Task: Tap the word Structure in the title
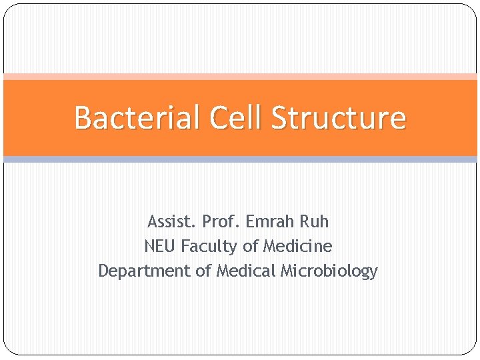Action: point(339,118)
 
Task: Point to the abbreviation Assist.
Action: point(171,221)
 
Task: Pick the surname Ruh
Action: point(313,221)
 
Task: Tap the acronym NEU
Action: point(159,246)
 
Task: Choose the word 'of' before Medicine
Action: point(251,246)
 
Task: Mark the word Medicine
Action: point(297,246)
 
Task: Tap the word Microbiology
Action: point(329,271)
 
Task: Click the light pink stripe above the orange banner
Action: point(240,77)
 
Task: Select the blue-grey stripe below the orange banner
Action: point(240,159)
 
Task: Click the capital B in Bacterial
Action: point(83,118)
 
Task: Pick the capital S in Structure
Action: point(279,118)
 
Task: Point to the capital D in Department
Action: point(103,271)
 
